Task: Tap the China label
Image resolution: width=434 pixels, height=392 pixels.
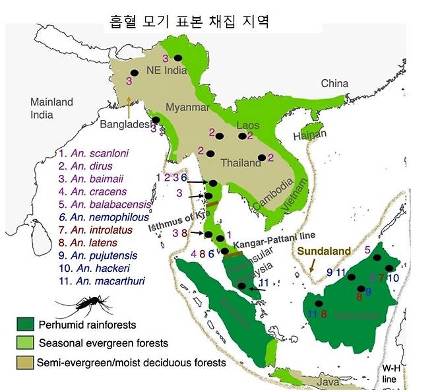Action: coord(334,84)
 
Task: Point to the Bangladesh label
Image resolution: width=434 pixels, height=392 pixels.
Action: coord(125,124)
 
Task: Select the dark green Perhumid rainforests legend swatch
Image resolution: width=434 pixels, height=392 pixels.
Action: coord(26,325)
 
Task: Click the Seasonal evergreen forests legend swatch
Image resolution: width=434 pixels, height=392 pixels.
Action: coord(26,343)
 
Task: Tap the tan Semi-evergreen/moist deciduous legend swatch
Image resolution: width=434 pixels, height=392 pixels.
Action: coord(26,362)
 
